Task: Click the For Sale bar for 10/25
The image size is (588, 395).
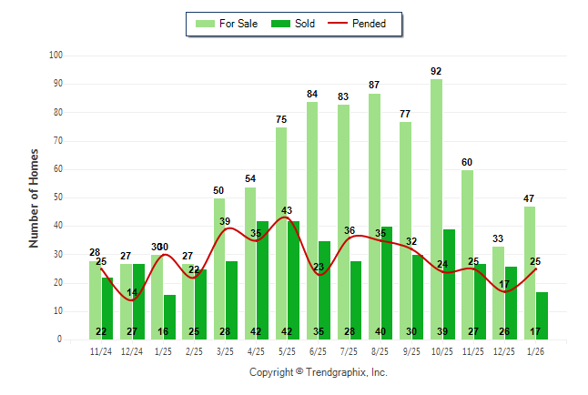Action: pos(437,209)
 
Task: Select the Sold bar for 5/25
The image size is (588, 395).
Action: pos(293,280)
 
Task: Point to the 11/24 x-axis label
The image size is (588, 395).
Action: pos(101,350)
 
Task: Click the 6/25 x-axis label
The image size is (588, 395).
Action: pos(319,350)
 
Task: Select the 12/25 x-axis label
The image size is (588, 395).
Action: pos(504,350)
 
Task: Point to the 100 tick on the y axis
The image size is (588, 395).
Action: pos(56,56)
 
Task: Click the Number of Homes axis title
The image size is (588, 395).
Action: pos(34,197)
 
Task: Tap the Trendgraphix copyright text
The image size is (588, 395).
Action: pos(319,372)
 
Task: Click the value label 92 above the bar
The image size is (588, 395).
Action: pos(437,71)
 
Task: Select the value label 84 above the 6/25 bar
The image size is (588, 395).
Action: pos(312,94)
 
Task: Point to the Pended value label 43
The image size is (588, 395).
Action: pos(286,211)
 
